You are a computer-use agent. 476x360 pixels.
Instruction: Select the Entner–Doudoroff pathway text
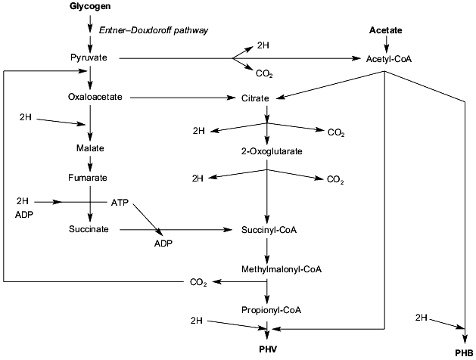coord(154,29)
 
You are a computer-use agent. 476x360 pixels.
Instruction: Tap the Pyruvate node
coord(89,57)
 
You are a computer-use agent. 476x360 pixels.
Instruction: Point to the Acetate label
coord(385,29)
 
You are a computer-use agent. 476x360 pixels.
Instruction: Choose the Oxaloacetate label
coord(89,97)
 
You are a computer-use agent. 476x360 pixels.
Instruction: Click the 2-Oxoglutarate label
coord(267,151)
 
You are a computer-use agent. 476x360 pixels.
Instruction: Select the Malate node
coord(89,147)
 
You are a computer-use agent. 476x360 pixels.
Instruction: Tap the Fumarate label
coord(89,178)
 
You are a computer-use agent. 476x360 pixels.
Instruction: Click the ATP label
coord(120,203)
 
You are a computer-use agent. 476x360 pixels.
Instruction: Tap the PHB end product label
coord(463,352)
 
